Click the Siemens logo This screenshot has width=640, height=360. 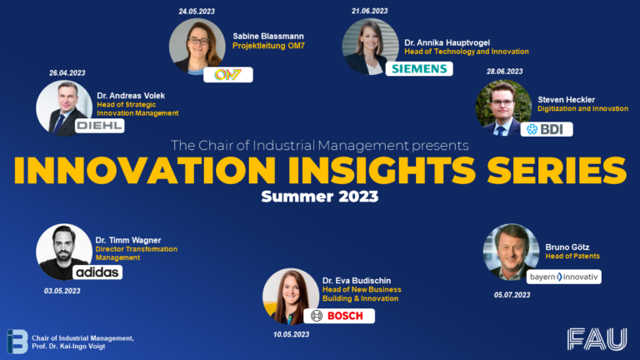(422, 68)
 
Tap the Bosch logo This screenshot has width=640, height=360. (338, 316)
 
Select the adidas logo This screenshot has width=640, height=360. (97, 272)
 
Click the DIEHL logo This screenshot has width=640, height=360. (99, 126)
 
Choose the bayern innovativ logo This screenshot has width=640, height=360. (563, 276)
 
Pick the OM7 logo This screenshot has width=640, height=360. (227, 75)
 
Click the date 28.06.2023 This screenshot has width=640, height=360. (504, 72)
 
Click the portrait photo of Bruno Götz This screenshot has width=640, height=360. (510, 251)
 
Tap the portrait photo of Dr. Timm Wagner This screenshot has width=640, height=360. (64, 251)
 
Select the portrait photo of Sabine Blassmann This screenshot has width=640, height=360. (197, 47)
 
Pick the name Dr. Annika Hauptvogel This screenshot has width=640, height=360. (447, 41)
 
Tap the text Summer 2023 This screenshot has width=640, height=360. (320, 197)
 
